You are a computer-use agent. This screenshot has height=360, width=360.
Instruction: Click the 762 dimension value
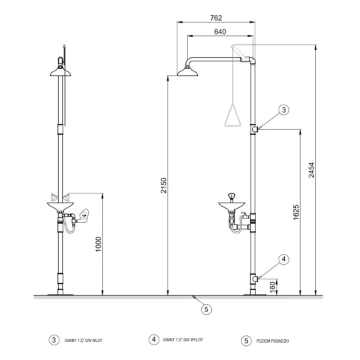coord(216,18)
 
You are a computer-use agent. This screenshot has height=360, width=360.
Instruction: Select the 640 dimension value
coord(220,32)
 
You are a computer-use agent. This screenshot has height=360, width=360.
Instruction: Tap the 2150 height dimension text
coord(163,185)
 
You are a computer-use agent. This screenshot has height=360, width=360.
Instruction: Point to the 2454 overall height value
coord(311,170)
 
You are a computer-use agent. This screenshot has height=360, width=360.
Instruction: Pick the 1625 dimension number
coord(296,212)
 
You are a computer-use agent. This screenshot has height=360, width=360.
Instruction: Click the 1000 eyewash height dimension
coord(98,244)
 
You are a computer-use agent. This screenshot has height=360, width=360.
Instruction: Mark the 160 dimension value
coord(273,287)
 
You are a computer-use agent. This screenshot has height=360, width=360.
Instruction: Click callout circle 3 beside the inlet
coord(284,110)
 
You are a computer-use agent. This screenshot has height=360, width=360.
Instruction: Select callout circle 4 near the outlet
coord(284,259)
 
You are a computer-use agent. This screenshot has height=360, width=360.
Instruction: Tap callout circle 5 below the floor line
coord(207,309)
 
